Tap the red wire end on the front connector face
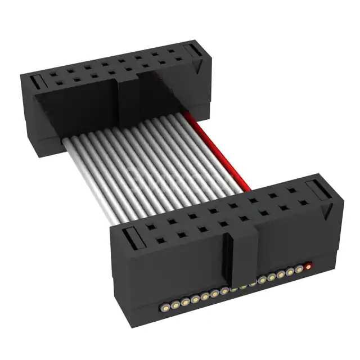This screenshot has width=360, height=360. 309,265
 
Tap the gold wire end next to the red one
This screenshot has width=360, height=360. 299,269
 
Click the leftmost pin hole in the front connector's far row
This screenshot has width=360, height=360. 151,228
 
